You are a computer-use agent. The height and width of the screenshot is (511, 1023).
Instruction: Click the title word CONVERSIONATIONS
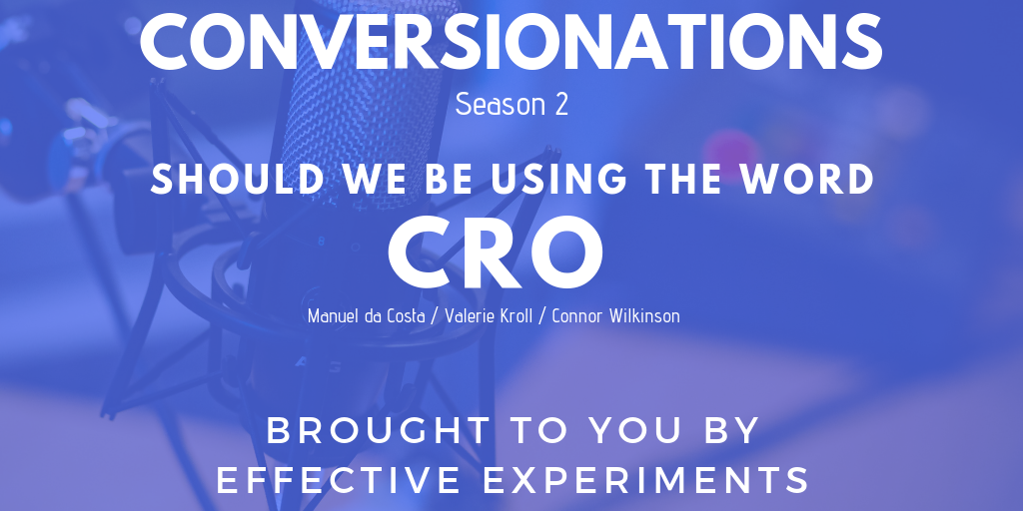pyautogui.click(x=511, y=41)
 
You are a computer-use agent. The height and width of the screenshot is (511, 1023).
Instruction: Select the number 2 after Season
pyautogui.click(x=561, y=105)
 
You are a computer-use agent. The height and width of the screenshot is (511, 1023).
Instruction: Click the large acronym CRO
pyautogui.click(x=496, y=253)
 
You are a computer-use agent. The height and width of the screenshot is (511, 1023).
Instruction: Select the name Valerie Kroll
pyautogui.click(x=489, y=316)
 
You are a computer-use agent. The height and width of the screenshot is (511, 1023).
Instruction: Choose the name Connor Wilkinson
pyautogui.click(x=615, y=316)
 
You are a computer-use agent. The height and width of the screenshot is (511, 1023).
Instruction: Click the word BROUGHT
pyautogui.click(x=379, y=431)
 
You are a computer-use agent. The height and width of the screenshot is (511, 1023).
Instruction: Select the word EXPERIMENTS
pyautogui.click(x=647, y=480)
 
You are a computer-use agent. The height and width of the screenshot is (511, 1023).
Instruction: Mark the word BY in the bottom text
pyautogui.click(x=732, y=431)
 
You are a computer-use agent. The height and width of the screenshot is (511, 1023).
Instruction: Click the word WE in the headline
pyautogui.click(x=376, y=180)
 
